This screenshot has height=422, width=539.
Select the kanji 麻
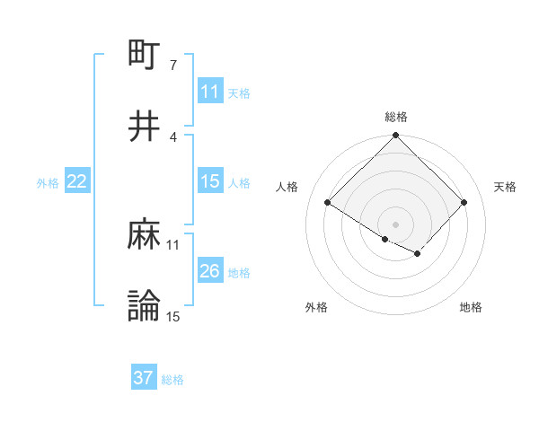[x=145, y=234]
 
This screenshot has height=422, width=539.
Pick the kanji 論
[x=145, y=306]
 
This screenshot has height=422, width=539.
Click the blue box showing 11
[x=210, y=92]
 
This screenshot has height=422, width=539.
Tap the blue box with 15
[x=210, y=181]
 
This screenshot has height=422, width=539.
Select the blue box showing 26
[x=210, y=271]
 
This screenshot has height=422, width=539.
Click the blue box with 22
[x=77, y=181]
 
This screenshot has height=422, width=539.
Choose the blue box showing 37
[x=144, y=378]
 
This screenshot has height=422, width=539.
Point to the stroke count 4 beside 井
[x=172, y=136]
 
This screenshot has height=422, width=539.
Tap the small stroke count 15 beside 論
[x=173, y=317]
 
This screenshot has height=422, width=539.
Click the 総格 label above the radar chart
[x=396, y=118]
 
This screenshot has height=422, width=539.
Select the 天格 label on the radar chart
[x=505, y=187]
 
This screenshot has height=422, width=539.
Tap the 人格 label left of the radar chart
[x=287, y=187]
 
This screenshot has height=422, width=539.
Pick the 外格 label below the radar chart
[x=316, y=308]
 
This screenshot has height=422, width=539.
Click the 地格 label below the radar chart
[x=471, y=308]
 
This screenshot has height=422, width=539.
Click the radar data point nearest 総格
[x=396, y=136]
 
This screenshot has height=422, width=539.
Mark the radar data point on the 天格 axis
[x=464, y=202]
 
